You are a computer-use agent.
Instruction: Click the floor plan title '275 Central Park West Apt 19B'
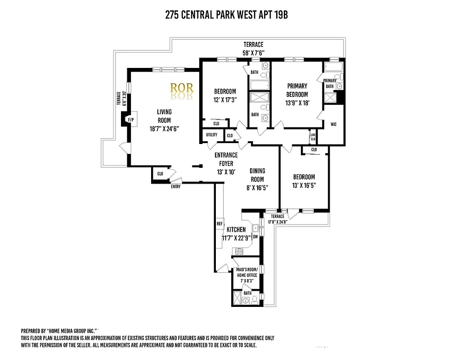pyautogui.click(x=226, y=15)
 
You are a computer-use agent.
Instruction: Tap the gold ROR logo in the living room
pyautogui.click(x=182, y=87)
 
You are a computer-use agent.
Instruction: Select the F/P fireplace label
pyautogui.click(x=131, y=120)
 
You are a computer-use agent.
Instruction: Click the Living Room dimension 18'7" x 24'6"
pyautogui.click(x=164, y=128)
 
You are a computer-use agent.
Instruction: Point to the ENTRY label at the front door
pyautogui.click(x=175, y=187)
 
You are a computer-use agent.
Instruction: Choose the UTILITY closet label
pyautogui.click(x=211, y=135)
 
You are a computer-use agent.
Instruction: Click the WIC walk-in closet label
pyautogui.click(x=333, y=124)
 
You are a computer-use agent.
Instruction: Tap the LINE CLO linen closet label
pyautogui.click(x=313, y=135)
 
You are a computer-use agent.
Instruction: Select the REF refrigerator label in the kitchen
pyautogui.click(x=219, y=224)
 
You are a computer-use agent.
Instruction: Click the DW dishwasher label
pyautogui.click(x=255, y=236)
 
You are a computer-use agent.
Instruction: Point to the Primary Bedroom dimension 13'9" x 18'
pyautogui.click(x=297, y=103)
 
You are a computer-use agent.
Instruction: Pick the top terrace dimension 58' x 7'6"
pyautogui.click(x=253, y=53)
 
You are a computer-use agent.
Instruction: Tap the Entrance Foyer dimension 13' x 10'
pyautogui.click(x=226, y=171)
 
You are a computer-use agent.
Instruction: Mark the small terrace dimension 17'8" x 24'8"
pyautogui.click(x=277, y=221)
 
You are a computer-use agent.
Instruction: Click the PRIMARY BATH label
pyautogui.click(x=330, y=83)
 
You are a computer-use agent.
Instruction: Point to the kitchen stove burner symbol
pyautogui.click(x=237, y=251)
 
